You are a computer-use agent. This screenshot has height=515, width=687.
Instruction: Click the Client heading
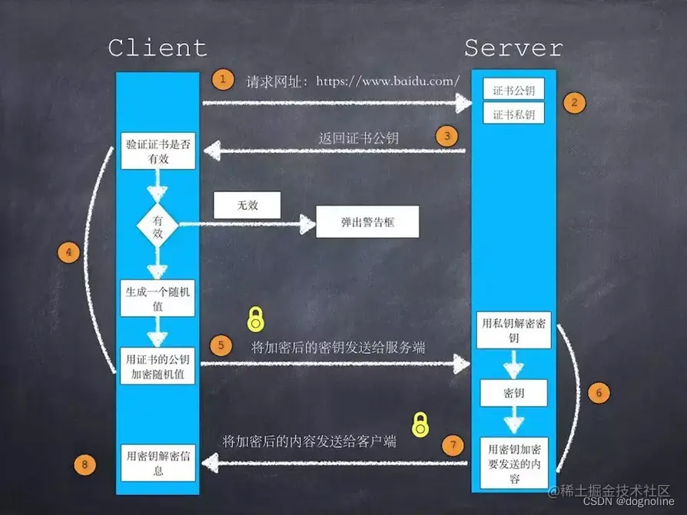click(158, 48)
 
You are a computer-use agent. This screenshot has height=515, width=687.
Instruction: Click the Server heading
click(513, 48)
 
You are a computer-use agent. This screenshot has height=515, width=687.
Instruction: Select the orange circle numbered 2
click(574, 103)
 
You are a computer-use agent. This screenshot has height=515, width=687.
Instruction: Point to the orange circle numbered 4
click(69, 253)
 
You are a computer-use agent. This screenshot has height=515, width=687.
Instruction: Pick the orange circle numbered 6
click(599, 392)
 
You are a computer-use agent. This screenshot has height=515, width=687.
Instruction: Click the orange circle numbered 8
click(84, 464)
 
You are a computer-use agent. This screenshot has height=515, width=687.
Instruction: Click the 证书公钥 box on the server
click(513, 90)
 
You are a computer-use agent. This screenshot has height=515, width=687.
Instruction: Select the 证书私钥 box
click(513, 114)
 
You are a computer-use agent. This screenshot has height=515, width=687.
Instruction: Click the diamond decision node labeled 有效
click(158, 226)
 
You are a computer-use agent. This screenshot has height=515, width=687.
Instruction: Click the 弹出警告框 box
click(367, 223)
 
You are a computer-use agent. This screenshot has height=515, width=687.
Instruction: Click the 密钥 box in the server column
click(513, 393)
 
